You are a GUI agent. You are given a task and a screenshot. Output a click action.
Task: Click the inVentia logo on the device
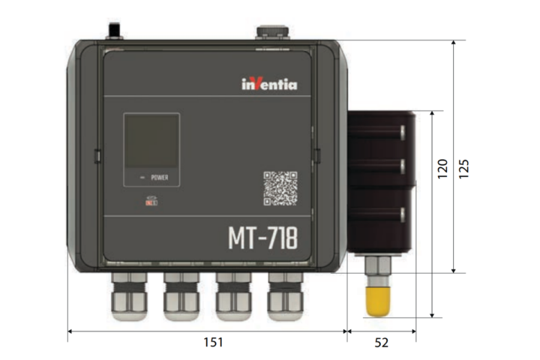tap(268, 84)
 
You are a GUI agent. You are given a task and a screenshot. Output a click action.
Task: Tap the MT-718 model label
tap(262, 238)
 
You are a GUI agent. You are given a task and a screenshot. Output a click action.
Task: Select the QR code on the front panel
tap(280, 188)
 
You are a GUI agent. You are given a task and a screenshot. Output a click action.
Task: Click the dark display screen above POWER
tap(151, 142)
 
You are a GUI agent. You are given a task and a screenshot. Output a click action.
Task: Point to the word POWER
tap(160, 178)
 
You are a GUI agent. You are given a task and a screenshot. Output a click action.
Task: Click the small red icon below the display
tap(151, 201)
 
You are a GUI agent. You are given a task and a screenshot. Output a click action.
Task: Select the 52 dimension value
tap(381, 343)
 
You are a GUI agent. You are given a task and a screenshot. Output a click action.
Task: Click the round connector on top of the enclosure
tap(271, 32)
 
